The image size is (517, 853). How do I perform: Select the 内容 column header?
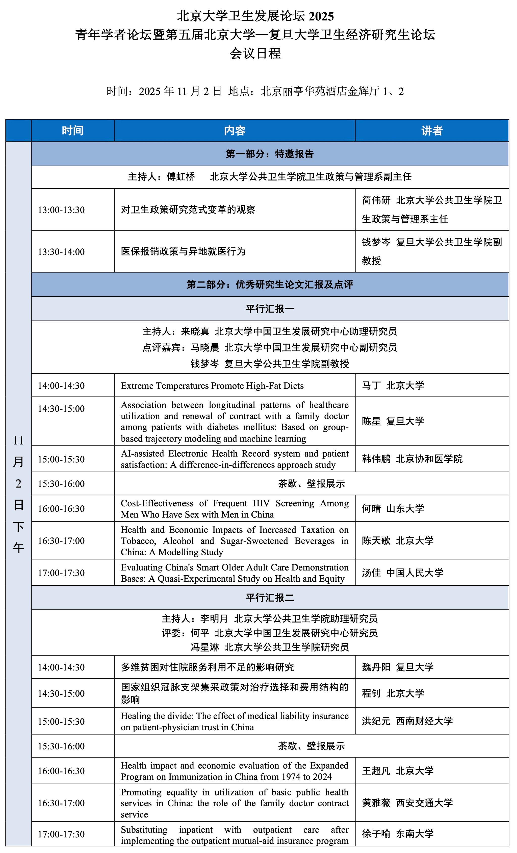point(235,131)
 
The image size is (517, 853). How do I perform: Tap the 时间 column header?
point(72,131)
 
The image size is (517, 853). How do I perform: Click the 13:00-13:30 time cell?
point(61,210)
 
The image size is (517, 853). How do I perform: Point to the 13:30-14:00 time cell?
point(61,252)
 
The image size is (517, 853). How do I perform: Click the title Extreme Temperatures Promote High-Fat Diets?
point(212,386)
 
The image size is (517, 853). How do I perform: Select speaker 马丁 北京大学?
point(393,385)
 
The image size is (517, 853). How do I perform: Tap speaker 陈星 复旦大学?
point(393,421)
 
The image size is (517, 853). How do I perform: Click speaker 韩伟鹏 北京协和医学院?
point(412,459)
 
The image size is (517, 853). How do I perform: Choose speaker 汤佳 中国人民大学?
point(402,573)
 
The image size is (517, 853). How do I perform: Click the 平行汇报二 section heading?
point(270,598)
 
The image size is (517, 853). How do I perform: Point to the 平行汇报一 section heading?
point(270,308)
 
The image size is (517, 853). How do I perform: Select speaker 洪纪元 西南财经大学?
point(407,721)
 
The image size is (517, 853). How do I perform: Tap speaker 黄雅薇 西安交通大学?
point(407,803)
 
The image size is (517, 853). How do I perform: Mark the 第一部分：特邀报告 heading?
point(270,154)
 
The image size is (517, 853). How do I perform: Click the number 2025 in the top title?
point(321,16)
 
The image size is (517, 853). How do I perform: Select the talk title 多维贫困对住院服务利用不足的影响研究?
point(207,667)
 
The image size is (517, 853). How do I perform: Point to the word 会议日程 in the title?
point(255,53)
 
